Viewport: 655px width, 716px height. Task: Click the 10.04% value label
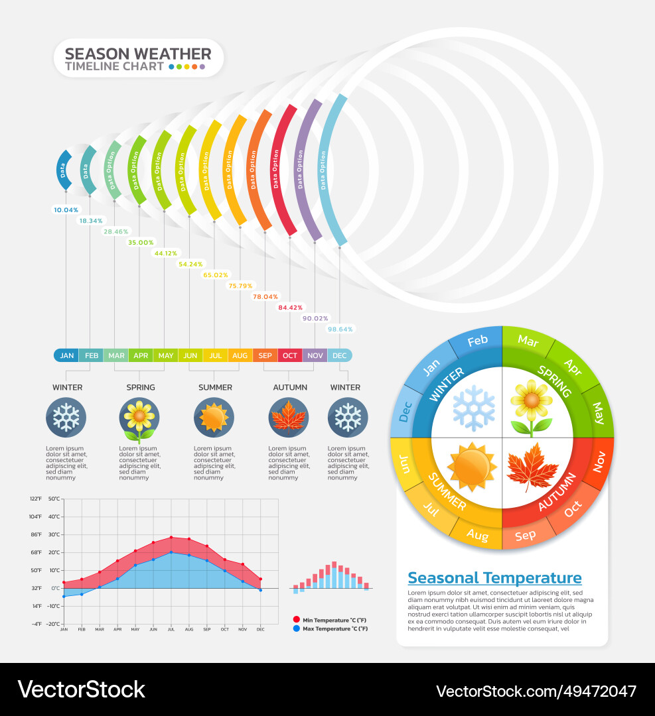66,210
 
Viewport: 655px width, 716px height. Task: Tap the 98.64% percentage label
340,329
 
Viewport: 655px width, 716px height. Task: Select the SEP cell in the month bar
265,355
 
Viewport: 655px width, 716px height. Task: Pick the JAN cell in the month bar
66,355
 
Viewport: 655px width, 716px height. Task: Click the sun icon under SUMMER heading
214,418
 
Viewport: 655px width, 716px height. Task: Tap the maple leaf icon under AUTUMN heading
289,418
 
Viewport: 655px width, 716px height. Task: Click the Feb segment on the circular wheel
477,341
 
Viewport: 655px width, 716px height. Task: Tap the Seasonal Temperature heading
494,578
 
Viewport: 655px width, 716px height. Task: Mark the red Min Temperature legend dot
296,619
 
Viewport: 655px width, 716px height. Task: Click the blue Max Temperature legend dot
296,628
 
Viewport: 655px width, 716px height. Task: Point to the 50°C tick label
54,499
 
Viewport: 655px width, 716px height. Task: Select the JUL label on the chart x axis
171,628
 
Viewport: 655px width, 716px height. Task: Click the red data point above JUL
171,538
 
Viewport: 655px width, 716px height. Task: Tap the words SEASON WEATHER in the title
138,54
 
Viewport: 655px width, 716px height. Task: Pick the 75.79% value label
240,286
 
